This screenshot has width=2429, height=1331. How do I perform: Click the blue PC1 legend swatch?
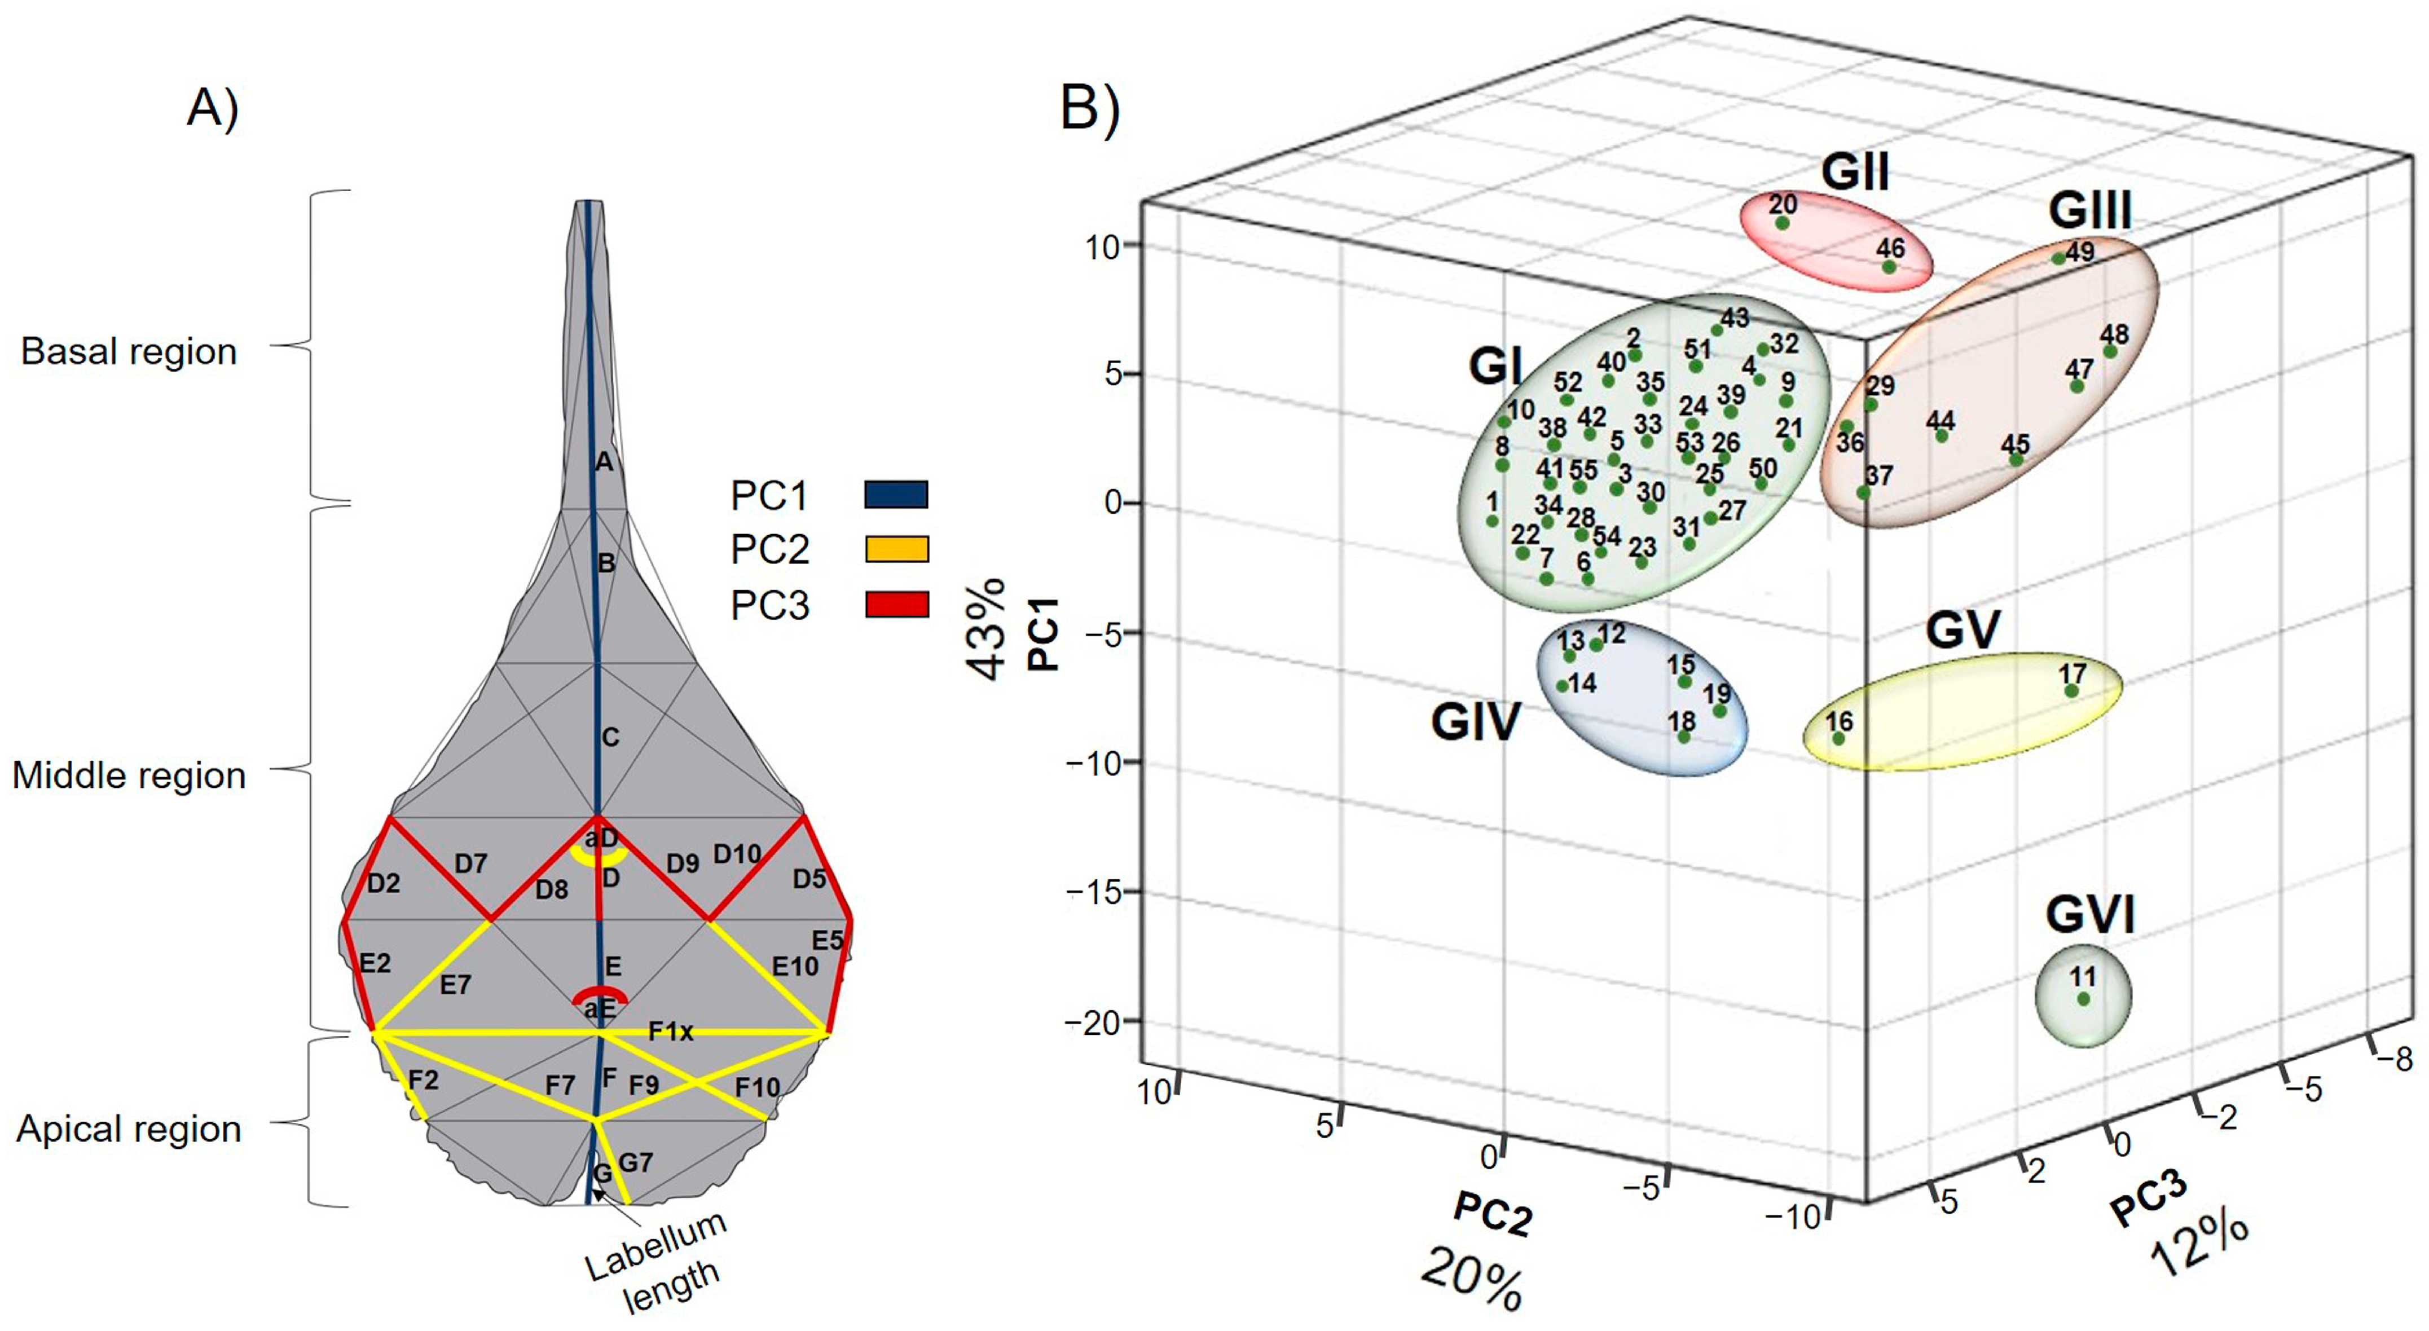coord(896,495)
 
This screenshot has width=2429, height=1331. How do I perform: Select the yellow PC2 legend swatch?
coord(896,549)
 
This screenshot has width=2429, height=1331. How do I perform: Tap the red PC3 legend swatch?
coord(896,604)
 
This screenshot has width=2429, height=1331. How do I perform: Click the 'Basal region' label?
coord(129,351)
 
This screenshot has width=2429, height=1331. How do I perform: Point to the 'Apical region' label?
coord(129,1129)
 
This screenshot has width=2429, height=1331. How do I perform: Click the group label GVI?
coord(2089,914)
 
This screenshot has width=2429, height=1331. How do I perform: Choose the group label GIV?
coord(1476,723)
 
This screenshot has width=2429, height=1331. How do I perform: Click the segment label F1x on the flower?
coord(670,1032)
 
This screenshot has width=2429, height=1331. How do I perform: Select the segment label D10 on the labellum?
coord(737,854)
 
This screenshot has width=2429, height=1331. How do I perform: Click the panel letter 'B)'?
coord(1090,108)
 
